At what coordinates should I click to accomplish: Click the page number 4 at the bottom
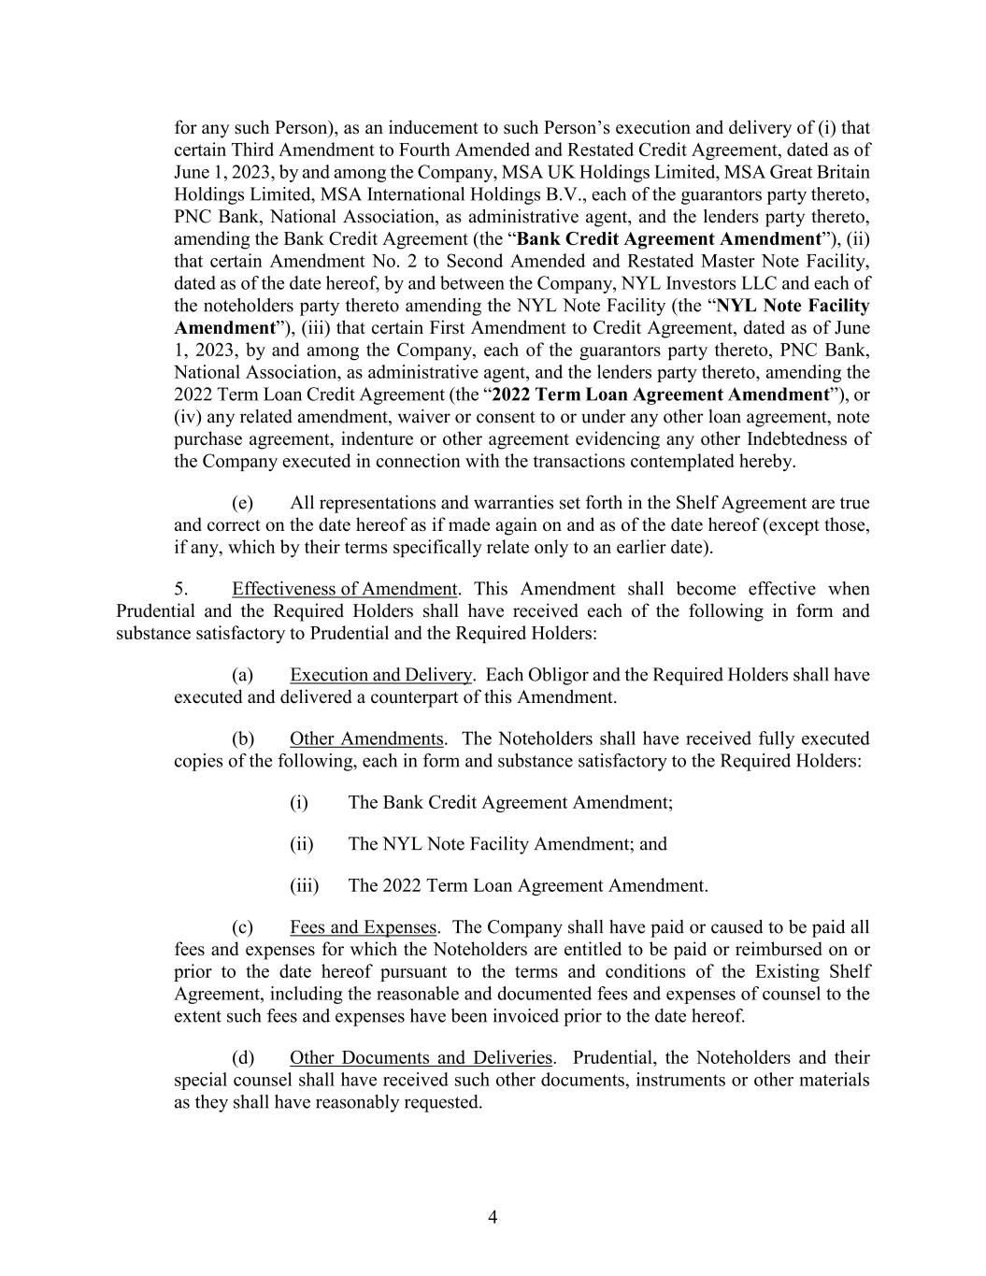(x=493, y=1216)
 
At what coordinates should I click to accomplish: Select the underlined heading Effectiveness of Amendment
(x=344, y=589)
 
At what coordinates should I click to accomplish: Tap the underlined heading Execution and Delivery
(x=380, y=675)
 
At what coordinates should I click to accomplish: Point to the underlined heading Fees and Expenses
(x=363, y=927)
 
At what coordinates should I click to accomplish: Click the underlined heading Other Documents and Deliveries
(x=421, y=1057)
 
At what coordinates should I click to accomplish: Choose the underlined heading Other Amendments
(x=366, y=738)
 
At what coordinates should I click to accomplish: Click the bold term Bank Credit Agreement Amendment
(x=668, y=238)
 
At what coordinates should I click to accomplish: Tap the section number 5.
(x=181, y=589)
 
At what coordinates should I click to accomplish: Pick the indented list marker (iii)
(x=304, y=885)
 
